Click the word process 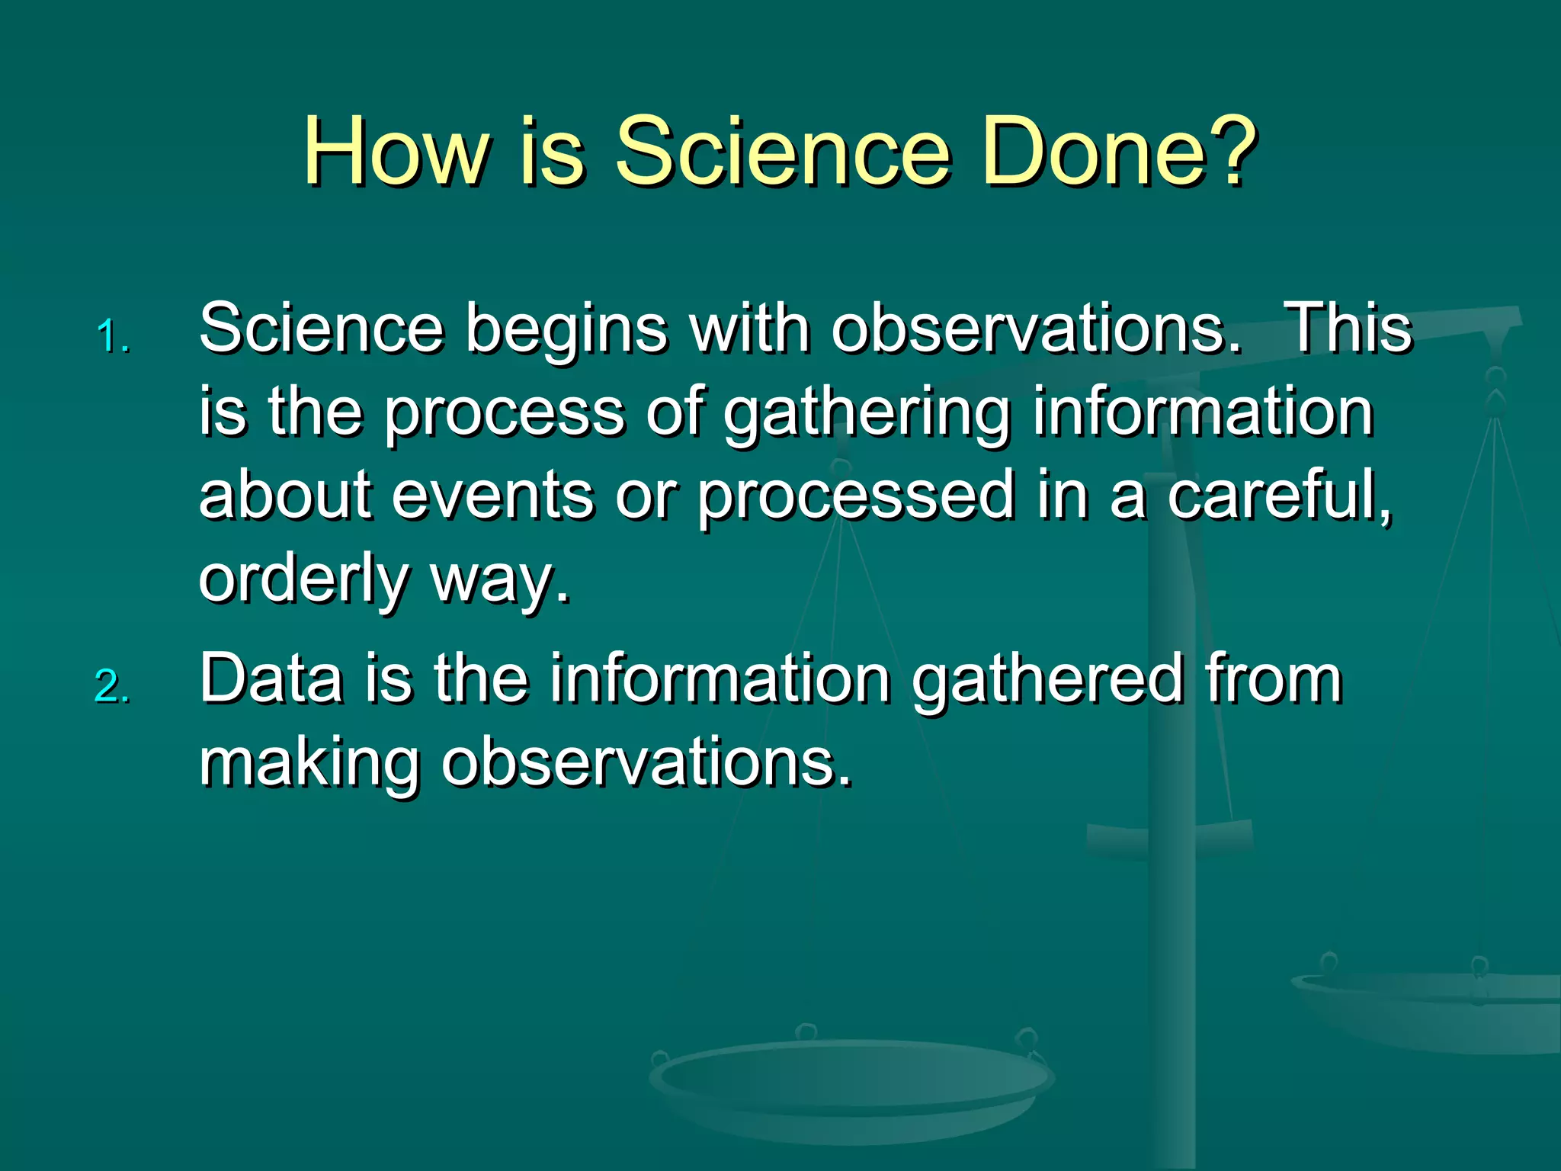[504, 413]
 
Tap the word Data [271, 679]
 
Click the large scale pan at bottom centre [850, 1083]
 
